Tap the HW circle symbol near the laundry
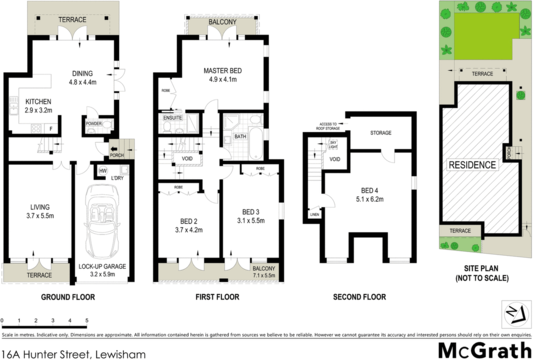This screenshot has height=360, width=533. coord(102,171)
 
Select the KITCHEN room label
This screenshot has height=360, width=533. coord(39,102)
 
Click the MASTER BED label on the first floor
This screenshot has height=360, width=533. coord(223,71)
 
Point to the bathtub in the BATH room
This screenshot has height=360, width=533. coord(256,144)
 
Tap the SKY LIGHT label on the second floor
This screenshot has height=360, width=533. coord(333,144)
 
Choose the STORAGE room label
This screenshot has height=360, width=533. coord(380,133)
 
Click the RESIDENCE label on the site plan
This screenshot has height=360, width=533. coord(473,165)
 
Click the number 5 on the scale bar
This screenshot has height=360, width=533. coord(87,320)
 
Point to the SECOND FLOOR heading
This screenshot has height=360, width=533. coord(359,297)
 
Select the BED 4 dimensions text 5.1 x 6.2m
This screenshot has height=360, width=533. coord(370,200)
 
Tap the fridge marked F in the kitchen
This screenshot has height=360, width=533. coord(51,129)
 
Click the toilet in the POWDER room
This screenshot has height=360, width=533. coord(108,125)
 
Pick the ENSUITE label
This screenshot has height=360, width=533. coord(173,118)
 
